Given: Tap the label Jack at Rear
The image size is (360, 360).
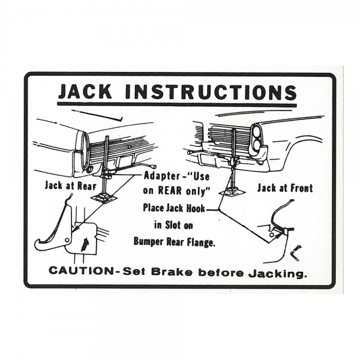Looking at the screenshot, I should tap(69, 185).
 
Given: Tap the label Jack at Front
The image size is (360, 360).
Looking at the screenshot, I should tap(285, 188).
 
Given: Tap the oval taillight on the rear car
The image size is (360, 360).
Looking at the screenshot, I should tap(85, 150).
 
